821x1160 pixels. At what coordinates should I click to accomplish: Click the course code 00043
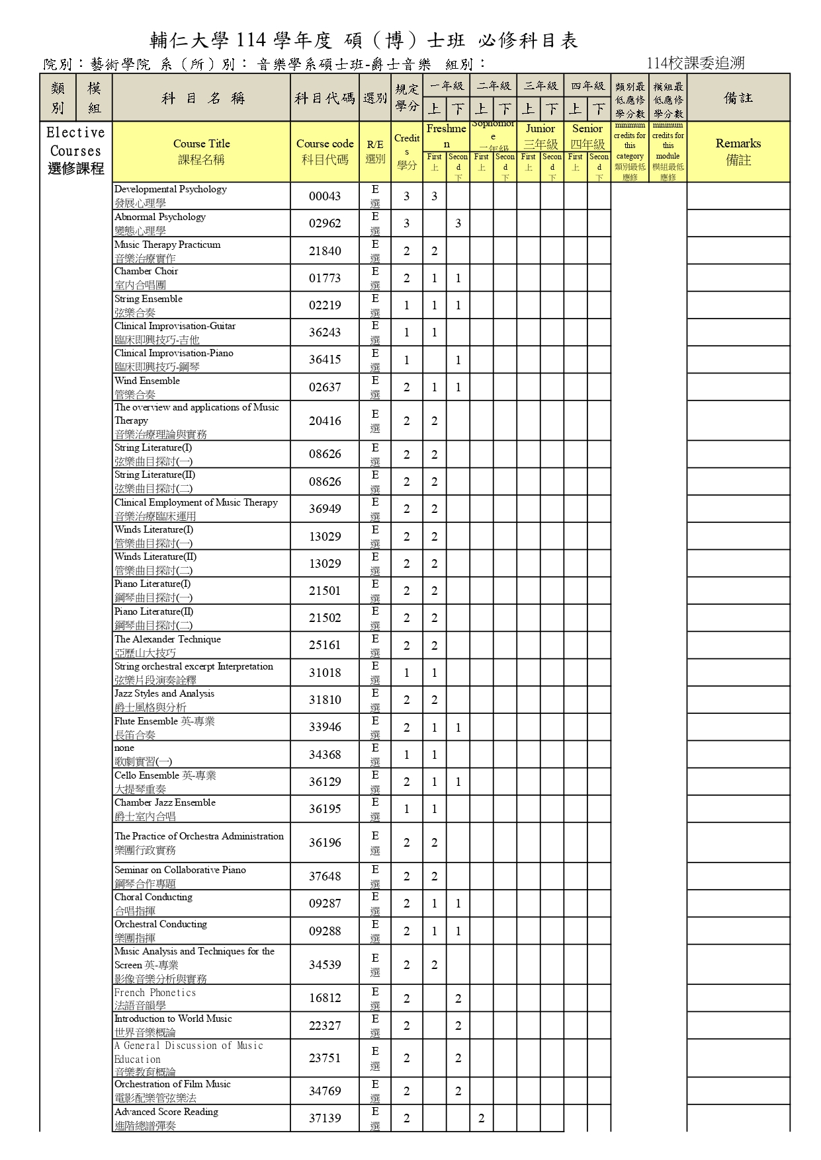coord(325,196)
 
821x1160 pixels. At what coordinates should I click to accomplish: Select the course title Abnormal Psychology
coord(160,217)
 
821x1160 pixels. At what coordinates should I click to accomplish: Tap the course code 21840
coord(325,251)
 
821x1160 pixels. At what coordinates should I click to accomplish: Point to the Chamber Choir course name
coord(146,272)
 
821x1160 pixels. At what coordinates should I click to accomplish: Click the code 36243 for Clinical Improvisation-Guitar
coord(325,332)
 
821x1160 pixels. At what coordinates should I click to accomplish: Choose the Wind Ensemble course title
coord(147,381)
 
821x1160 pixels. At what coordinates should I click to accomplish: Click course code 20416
coord(325,421)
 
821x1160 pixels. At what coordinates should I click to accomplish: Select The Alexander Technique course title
coord(167,640)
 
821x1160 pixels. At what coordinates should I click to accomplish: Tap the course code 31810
coord(325,700)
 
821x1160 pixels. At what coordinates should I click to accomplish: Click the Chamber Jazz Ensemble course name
coord(165,803)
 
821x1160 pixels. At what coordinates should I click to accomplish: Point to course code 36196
coord(325,843)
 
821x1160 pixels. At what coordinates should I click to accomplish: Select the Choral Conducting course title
coord(153,898)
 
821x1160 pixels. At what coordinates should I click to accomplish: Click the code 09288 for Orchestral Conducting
coord(325,931)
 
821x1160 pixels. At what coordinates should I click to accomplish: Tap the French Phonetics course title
coord(155,993)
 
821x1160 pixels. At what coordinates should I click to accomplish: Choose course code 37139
coord(325,1118)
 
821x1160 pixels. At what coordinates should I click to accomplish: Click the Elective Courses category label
coord(75,151)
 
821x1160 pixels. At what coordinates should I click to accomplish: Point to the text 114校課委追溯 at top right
coord(696,63)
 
